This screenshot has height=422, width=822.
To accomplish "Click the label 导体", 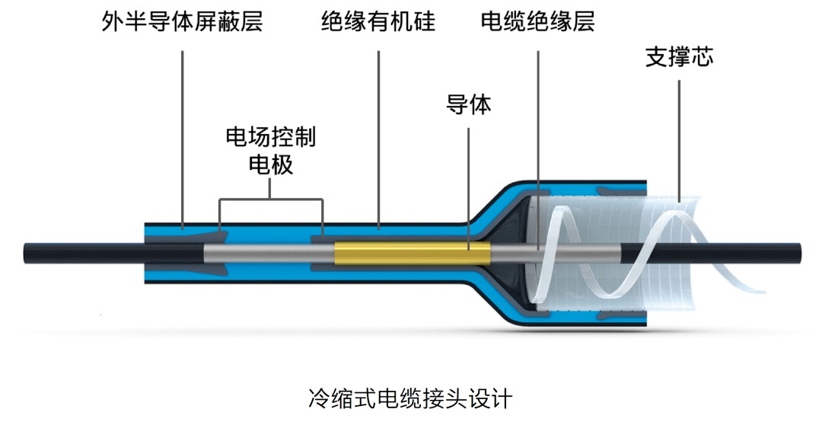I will click(468, 104).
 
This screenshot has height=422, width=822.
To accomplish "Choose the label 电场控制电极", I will click(271, 151).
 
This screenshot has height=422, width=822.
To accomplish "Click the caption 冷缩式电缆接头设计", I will click(410, 397).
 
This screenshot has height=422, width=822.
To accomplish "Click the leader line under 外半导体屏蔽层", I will click(183, 137).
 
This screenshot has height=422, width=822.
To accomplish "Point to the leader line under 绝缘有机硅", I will click(379, 137).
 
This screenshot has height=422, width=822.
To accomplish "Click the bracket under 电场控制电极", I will click(271, 200).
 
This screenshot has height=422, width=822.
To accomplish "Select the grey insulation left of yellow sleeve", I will click(266, 252).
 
